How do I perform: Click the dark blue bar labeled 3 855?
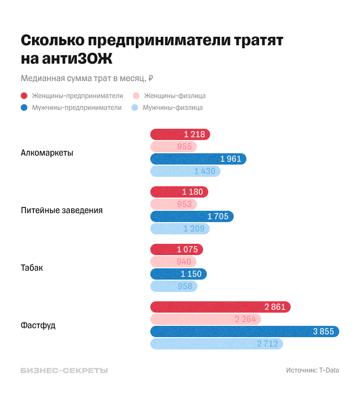tap(245, 331)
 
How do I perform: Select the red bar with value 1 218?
tap(180, 134)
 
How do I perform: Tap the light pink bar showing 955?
tap(173, 147)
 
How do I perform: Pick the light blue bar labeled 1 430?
tap(185, 171)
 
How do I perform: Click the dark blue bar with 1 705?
tap(192, 216)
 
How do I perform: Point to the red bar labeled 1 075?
tap(177, 249)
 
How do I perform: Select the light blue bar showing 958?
tap(173, 286)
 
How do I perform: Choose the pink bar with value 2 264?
tap(205, 319)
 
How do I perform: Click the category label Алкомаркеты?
tap(47, 153)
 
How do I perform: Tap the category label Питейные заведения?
tap(62, 210)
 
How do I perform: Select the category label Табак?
tap(32, 268)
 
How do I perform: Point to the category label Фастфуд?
tap(38, 325)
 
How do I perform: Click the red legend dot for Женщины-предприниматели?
tap(24, 96)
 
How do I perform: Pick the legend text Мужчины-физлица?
tap(172, 108)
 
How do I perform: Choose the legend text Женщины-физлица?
tap(174, 96)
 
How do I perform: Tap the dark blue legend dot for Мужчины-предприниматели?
tap(24, 108)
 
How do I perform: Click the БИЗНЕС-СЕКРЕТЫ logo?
tap(64, 370)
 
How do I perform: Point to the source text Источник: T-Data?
tap(312, 370)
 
